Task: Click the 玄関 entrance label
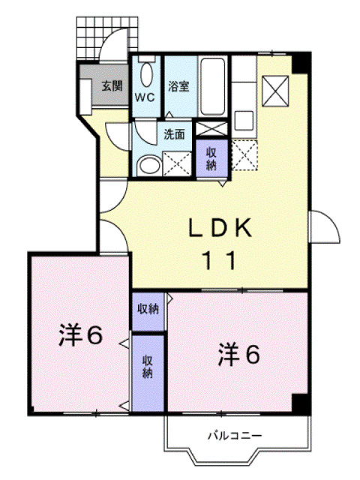[112, 85]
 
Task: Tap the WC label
[145, 97]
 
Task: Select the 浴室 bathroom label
[178, 85]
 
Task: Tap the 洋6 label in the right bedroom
[239, 353]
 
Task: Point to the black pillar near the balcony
[301, 403]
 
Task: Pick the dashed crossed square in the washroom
[177, 162]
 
